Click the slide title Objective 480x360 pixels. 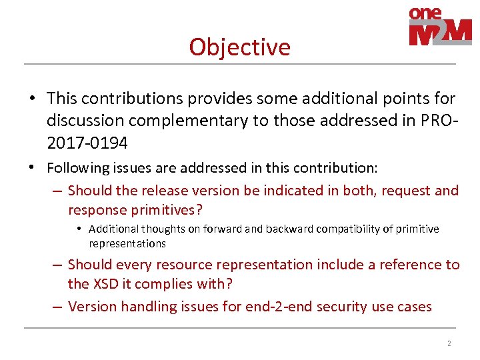point(239,47)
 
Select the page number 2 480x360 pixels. point(449,343)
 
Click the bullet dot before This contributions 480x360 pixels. point(32,99)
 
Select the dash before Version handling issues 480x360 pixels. point(57,307)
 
